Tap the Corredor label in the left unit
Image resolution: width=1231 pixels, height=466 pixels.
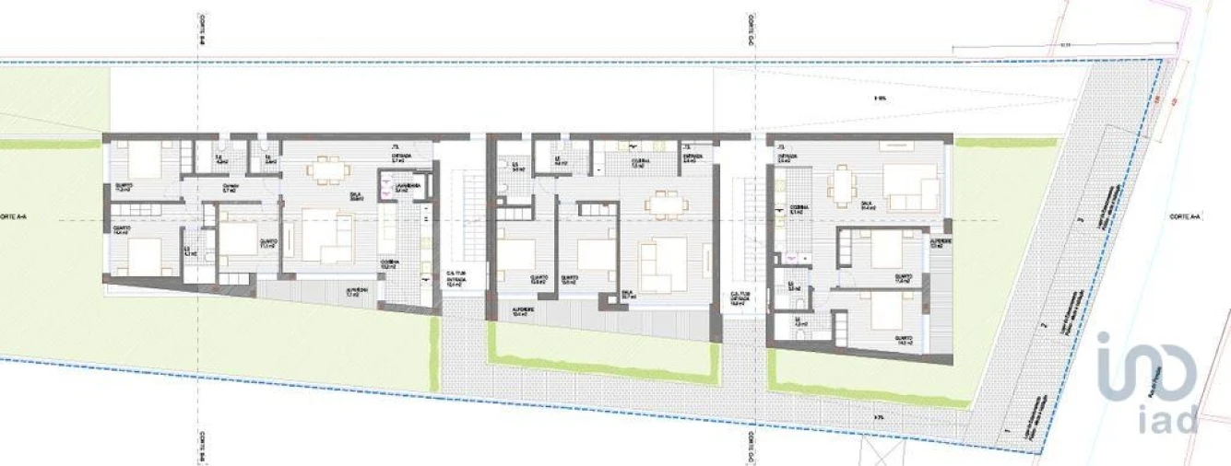pos(231,187)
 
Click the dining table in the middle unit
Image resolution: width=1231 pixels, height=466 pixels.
pos(662,202)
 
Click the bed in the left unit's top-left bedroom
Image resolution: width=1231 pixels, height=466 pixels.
pos(142,162)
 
